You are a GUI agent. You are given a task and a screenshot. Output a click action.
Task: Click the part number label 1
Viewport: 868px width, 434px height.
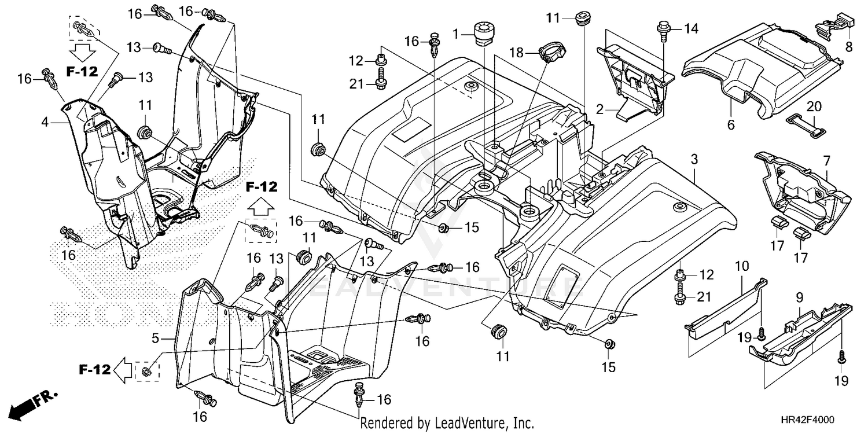tap(457, 34)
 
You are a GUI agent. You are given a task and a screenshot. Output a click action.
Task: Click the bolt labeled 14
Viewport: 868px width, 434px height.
tap(662, 30)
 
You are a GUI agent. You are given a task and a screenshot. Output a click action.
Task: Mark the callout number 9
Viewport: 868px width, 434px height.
tap(799, 298)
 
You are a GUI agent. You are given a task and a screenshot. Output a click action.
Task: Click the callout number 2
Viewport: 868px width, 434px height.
tap(599, 108)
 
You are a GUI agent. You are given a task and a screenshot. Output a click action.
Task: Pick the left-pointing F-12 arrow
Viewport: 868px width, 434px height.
tap(122, 369)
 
